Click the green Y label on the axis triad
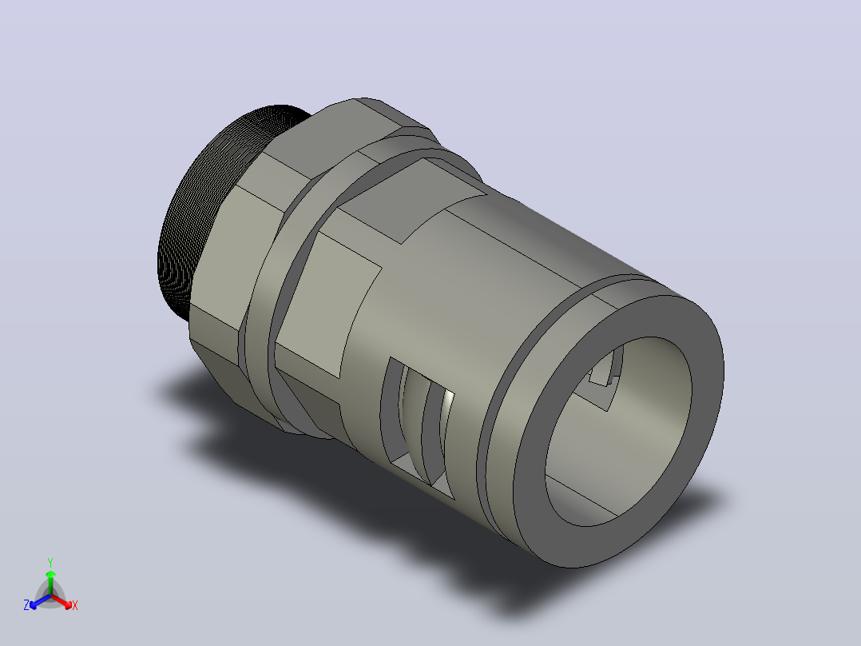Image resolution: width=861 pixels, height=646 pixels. click(x=50, y=562)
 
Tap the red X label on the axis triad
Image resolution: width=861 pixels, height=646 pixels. click(x=75, y=605)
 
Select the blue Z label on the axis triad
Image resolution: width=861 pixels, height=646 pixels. click(x=26, y=605)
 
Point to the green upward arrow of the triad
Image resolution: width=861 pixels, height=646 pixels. click(x=50, y=582)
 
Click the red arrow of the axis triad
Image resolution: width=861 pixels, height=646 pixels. click(x=61, y=601)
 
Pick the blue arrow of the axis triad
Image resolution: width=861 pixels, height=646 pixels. click(x=40, y=601)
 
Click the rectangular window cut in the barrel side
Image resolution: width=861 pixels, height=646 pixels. click(x=417, y=428)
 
